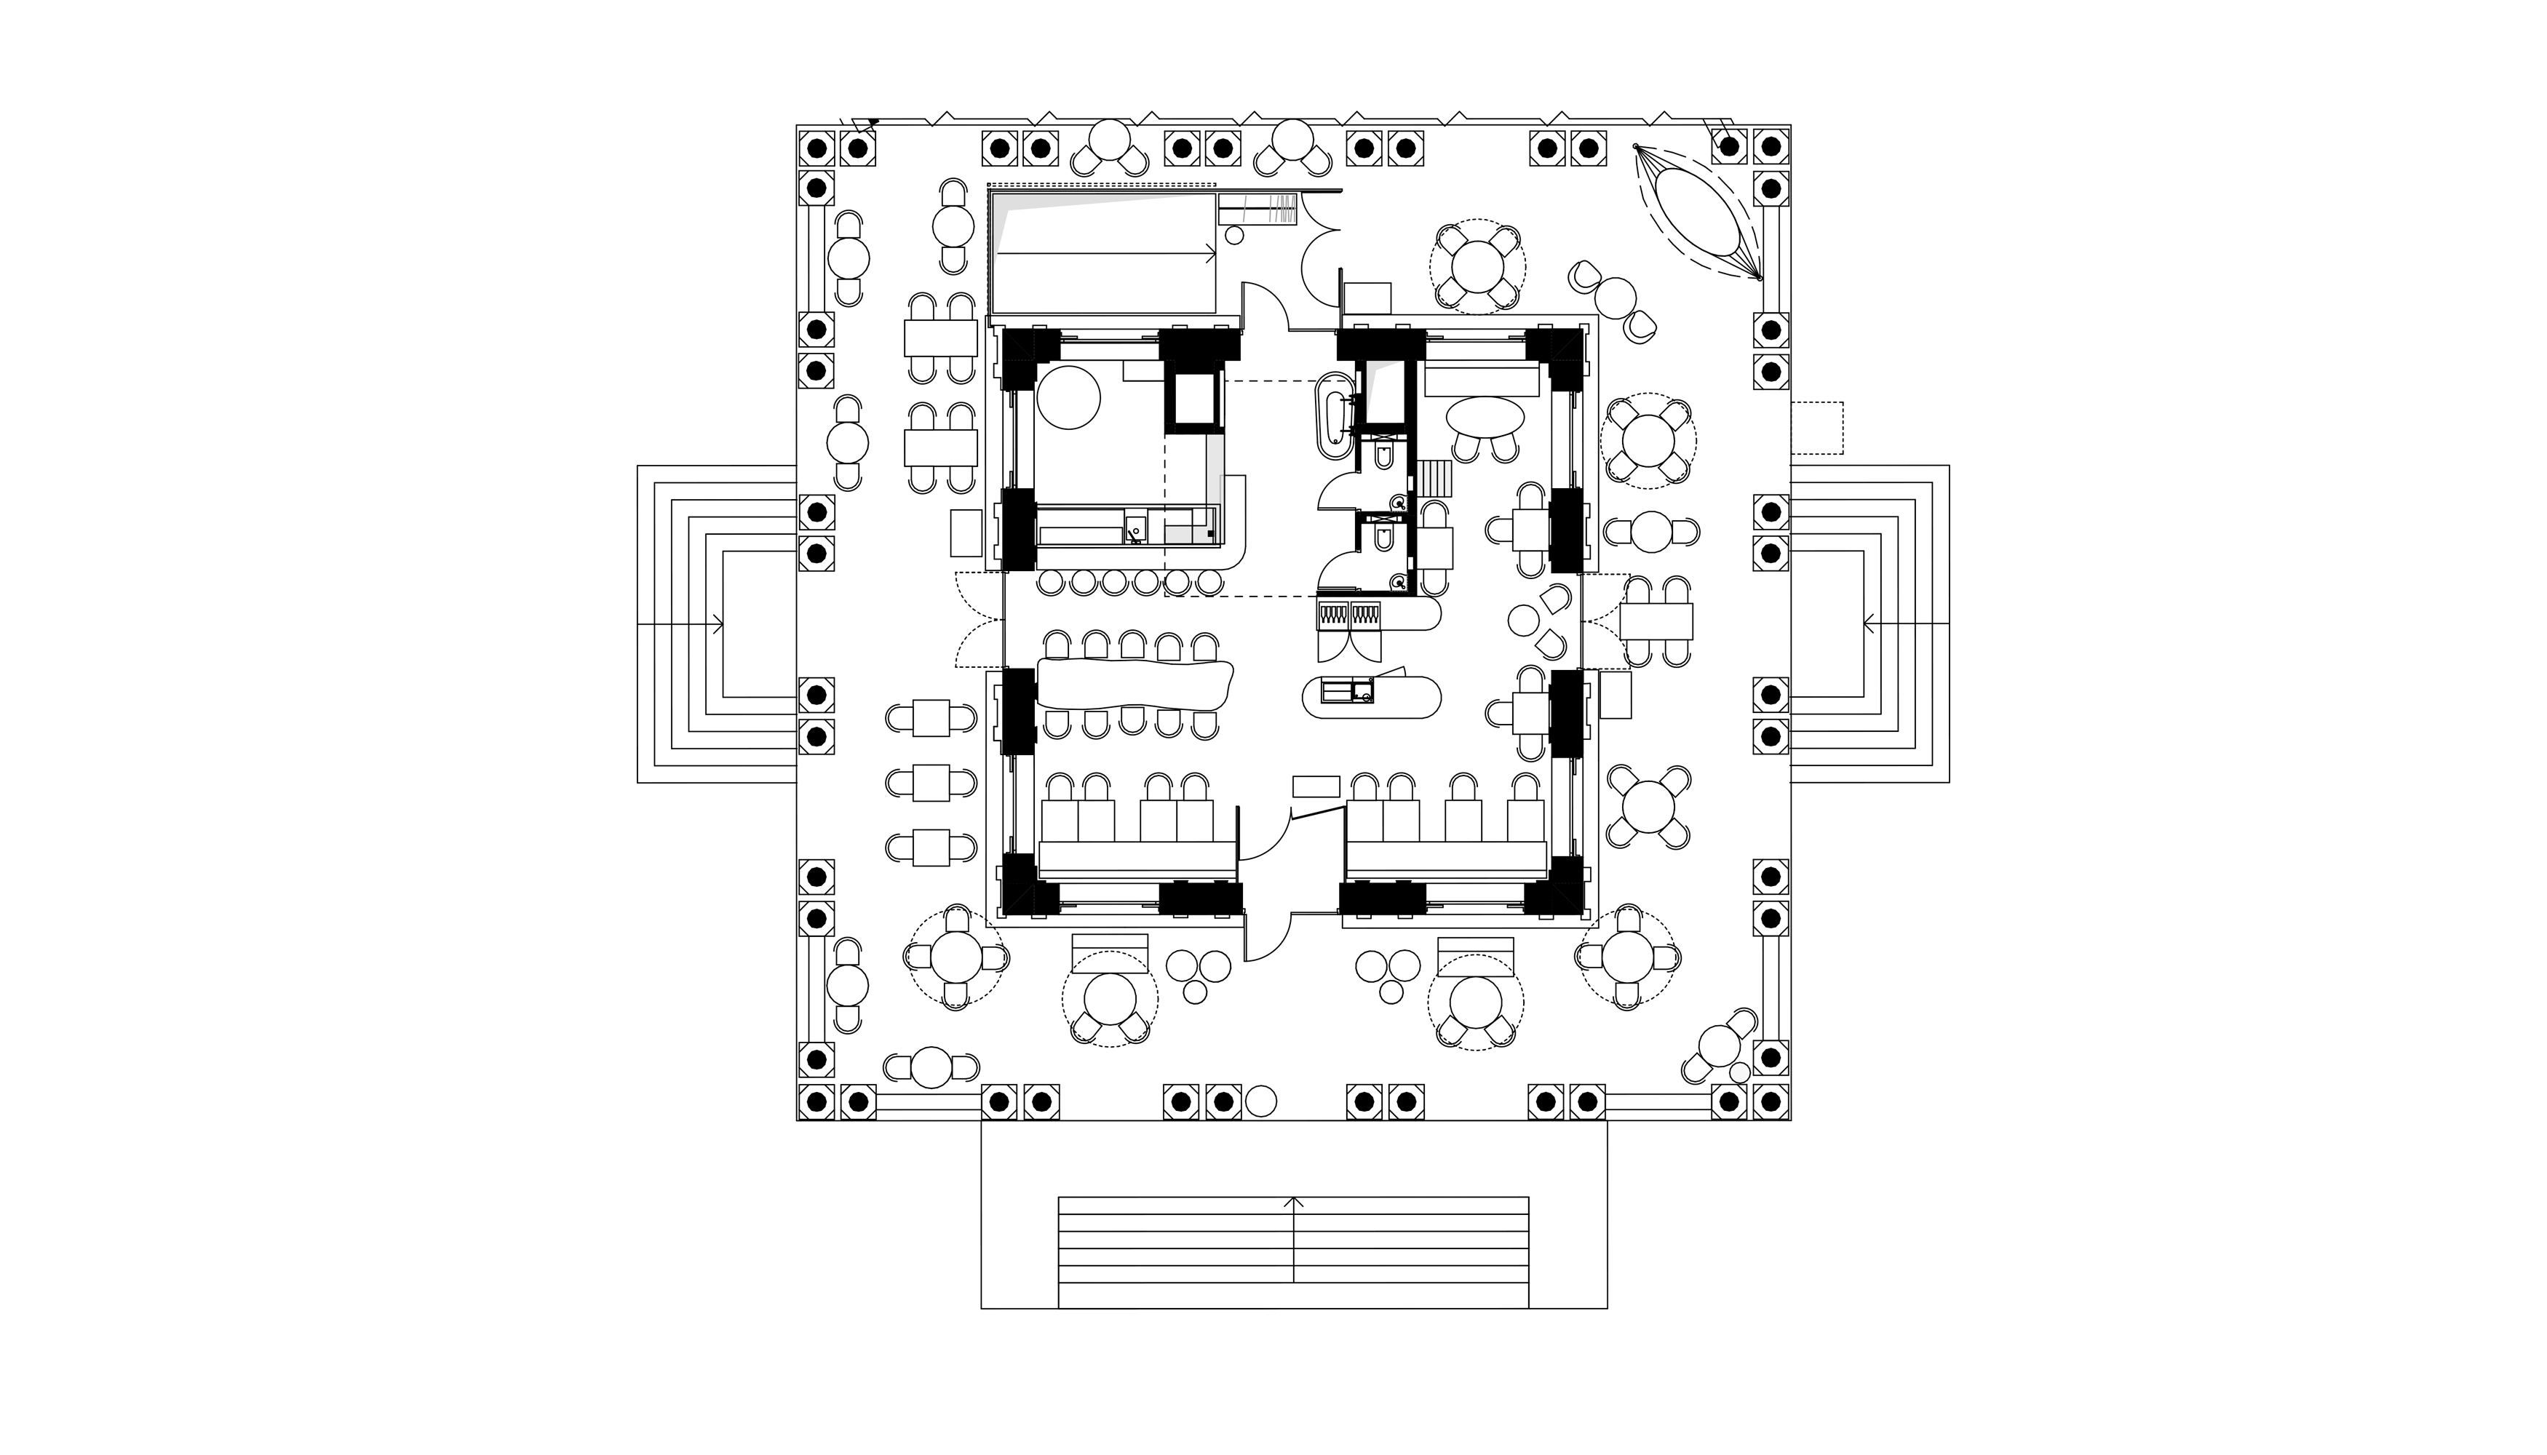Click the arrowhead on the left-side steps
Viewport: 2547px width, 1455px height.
click(718, 625)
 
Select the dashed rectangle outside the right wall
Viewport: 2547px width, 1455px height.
click(1816, 428)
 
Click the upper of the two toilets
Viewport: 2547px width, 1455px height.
click(1384, 458)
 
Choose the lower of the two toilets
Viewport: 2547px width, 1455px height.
click(1384, 540)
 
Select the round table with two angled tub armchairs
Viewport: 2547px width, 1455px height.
click(1613, 297)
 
